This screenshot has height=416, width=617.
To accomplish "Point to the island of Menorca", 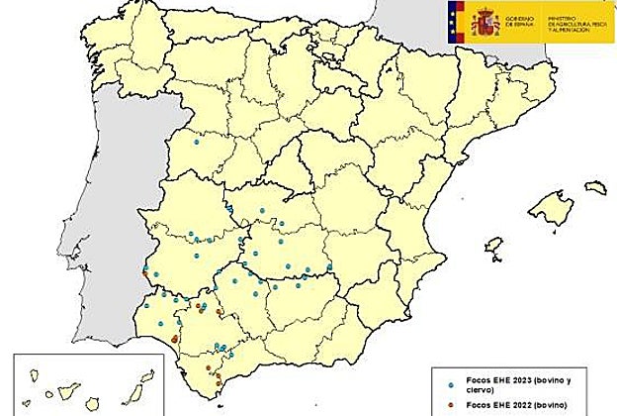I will click(x=594, y=186).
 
